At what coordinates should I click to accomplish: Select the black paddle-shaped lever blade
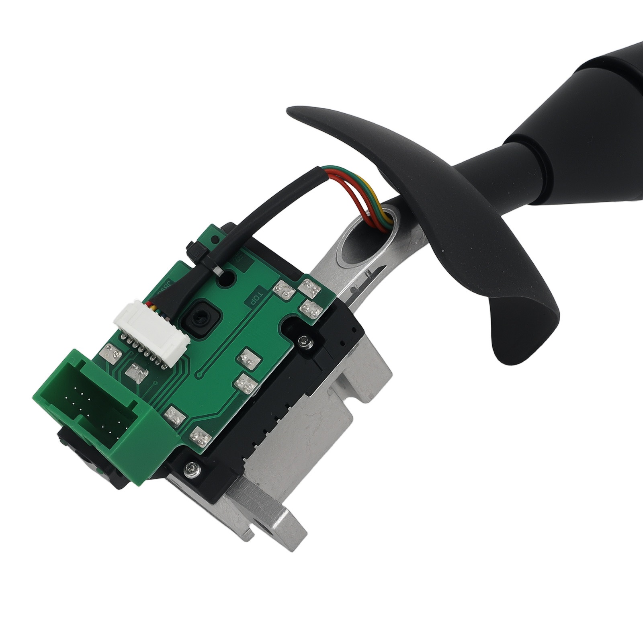pyautogui.click(x=462, y=241)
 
